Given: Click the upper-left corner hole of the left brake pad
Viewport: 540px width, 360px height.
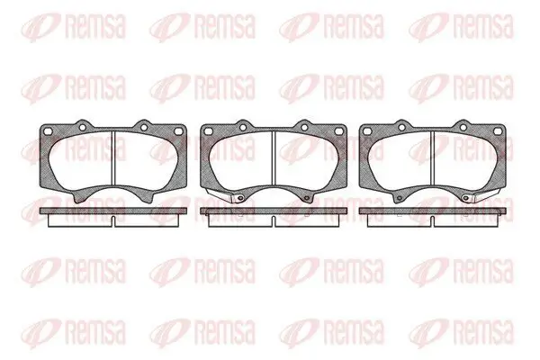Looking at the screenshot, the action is click(49, 131).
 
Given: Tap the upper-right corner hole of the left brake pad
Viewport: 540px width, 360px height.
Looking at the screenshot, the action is click(178, 131).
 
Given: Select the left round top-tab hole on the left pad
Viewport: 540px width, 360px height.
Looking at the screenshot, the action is click(82, 128).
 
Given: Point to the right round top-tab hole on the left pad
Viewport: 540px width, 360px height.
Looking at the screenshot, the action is click(144, 128).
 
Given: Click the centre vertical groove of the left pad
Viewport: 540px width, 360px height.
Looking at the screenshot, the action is click(113, 158).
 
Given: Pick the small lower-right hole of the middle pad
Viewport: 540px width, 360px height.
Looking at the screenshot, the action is click(306, 198).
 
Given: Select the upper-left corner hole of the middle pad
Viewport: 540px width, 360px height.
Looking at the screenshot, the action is click(208, 131).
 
